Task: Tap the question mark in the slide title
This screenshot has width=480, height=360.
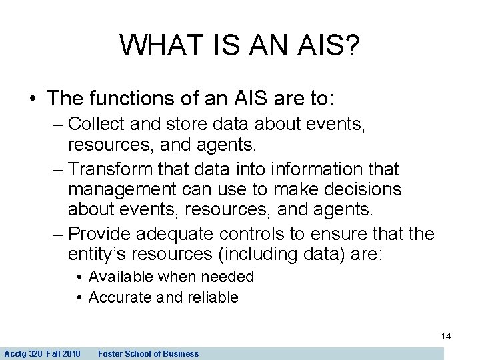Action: click(x=352, y=45)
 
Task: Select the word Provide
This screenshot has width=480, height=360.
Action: click(x=101, y=235)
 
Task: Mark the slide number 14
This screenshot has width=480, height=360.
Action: click(x=446, y=336)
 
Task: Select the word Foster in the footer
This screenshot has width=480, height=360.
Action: click(x=111, y=353)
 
